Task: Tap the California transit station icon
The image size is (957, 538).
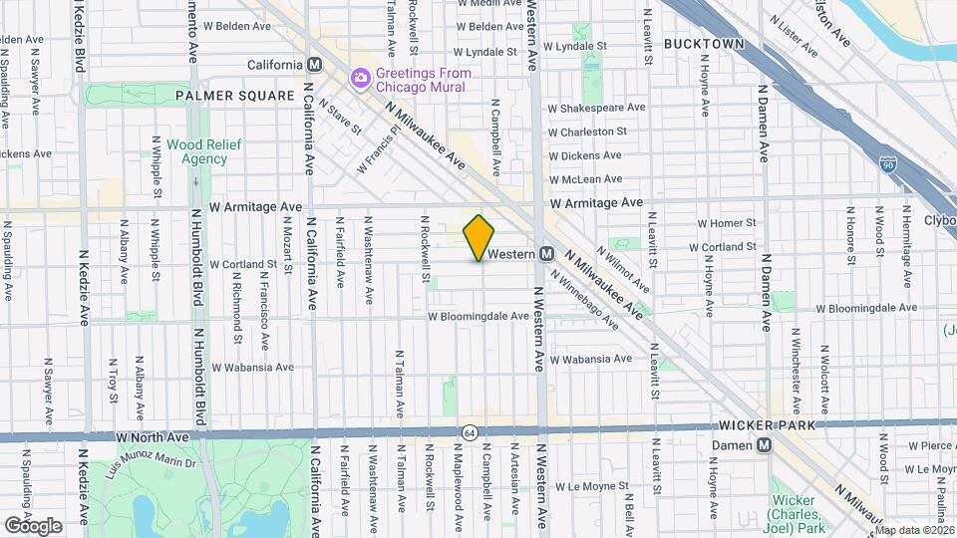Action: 315,65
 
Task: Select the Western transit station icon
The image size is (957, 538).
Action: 547,254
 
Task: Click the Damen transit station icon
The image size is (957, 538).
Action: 765,445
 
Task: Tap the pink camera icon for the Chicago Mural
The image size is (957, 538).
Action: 360,78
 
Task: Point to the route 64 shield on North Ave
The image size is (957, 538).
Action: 468,431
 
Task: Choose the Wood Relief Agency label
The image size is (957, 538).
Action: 197,151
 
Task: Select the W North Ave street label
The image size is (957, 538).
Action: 152,436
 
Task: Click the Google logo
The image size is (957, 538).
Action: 33,525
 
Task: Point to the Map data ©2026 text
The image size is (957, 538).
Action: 914,530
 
